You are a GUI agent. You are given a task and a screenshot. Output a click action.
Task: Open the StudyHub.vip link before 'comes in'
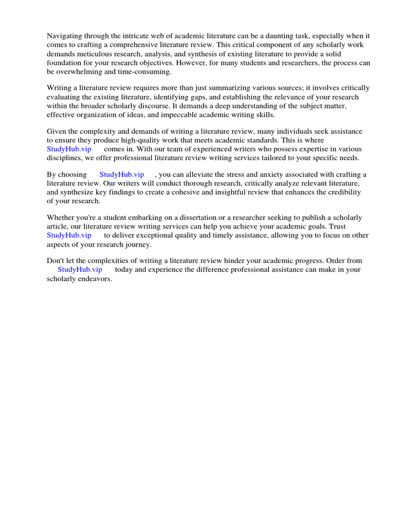pyautogui.click(x=69, y=149)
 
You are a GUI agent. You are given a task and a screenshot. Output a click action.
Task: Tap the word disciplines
pyautogui.click(x=65, y=157)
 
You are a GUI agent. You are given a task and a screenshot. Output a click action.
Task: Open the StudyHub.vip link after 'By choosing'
pyautogui.click(x=121, y=174)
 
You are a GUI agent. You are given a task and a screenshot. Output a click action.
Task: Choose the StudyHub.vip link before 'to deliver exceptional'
pyautogui.click(x=69, y=235)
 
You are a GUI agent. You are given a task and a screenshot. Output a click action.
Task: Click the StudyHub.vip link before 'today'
pyautogui.click(x=80, y=269)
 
